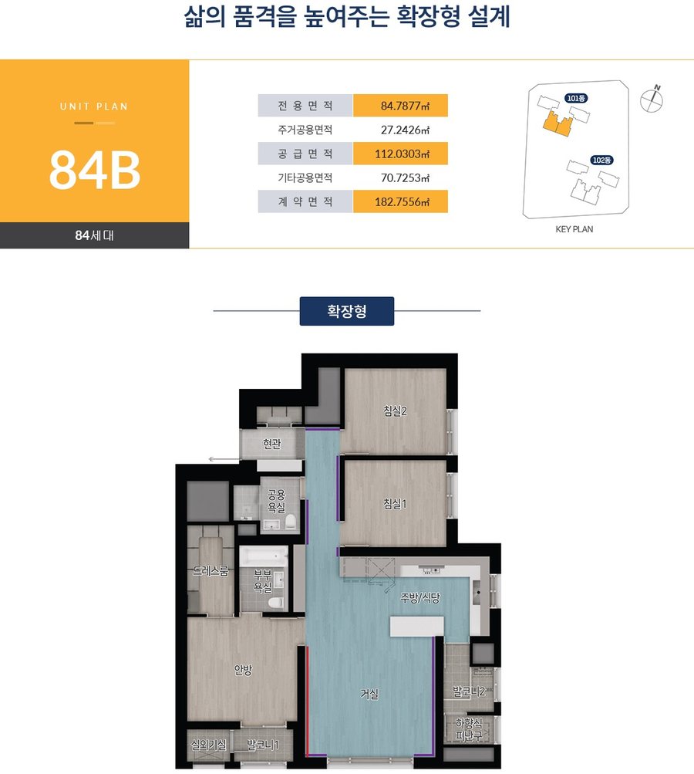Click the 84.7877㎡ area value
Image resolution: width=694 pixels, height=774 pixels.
(x=405, y=106)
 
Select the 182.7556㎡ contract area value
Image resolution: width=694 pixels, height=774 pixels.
(x=402, y=201)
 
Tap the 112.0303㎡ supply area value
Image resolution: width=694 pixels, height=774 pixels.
(x=402, y=154)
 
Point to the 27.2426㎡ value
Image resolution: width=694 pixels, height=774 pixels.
(x=405, y=130)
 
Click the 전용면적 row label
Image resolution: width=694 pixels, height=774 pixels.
(x=305, y=106)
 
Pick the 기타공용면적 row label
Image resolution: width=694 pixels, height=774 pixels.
(x=305, y=177)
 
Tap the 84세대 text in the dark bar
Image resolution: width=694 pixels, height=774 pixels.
(x=94, y=235)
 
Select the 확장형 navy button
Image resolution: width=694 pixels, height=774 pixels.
(x=347, y=311)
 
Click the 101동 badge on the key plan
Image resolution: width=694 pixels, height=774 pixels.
(x=576, y=98)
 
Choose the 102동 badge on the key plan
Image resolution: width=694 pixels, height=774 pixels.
(x=601, y=160)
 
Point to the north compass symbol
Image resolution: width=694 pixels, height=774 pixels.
(x=652, y=100)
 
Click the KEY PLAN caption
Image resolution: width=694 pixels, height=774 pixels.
(x=574, y=229)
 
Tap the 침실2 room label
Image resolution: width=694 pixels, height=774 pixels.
(x=395, y=411)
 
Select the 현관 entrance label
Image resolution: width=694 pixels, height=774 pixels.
(x=271, y=444)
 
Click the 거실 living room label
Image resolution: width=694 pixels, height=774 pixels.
(x=369, y=694)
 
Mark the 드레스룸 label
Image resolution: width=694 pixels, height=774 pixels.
(x=211, y=571)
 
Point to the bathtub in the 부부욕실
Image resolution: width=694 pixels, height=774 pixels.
(x=264, y=556)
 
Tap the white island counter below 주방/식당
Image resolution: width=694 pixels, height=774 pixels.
(x=417, y=627)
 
